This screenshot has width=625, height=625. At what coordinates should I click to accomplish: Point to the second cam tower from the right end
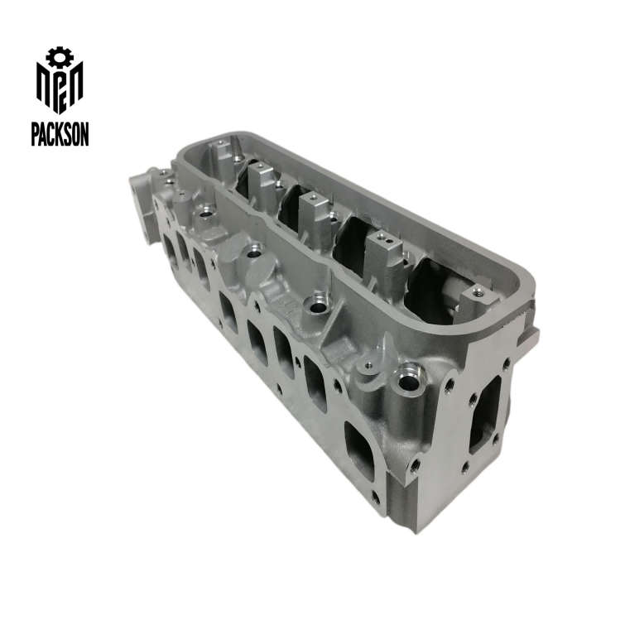382,252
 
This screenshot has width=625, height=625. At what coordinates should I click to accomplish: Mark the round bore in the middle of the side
317,306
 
